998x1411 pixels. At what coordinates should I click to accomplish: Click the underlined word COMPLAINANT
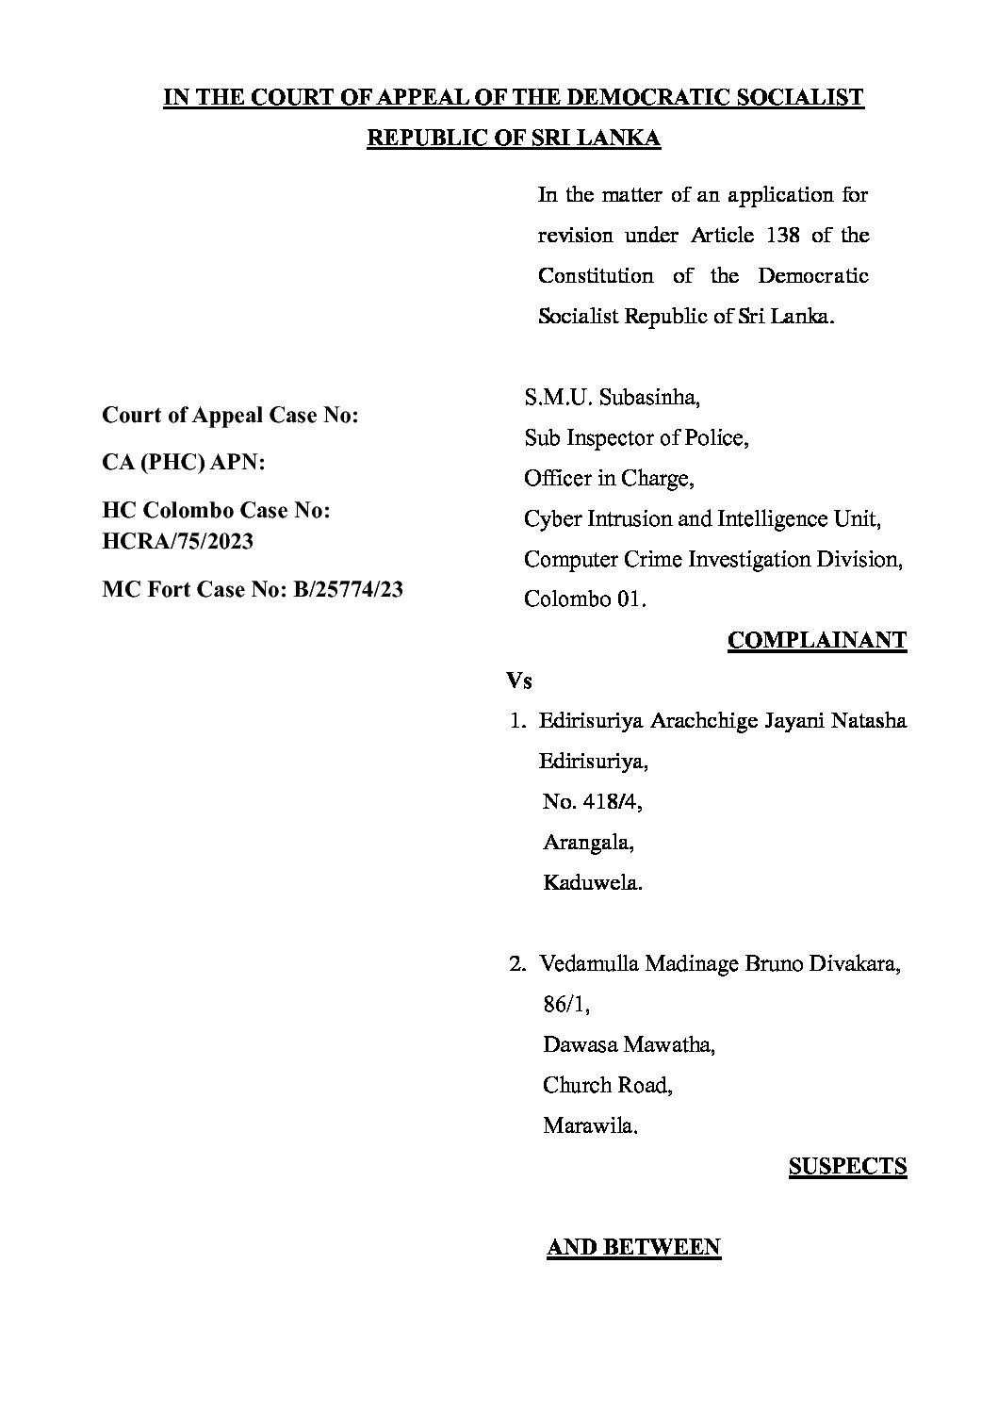point(816,641)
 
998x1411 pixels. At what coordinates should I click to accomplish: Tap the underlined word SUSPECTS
point(847,1166)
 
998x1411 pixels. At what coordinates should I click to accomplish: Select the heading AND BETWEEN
point(633,1247)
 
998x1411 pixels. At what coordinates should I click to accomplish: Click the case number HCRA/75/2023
point(177,542)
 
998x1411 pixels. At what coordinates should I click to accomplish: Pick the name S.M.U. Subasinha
point(612,398)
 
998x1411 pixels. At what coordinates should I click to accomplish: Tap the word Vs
point(519,681)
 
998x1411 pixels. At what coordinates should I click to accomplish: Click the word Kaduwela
point(592,883)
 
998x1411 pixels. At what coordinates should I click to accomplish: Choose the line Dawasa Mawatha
point(628,1045)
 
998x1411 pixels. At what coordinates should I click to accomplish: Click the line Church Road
point(607,1085)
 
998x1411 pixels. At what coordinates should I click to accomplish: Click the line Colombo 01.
point(585,599)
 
